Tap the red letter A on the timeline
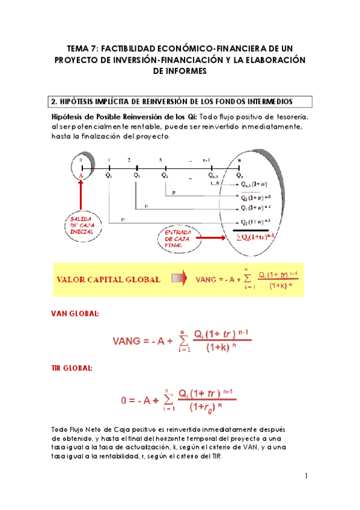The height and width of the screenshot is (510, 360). [x=80, y=175]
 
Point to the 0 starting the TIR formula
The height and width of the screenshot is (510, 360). [x=124, y=400]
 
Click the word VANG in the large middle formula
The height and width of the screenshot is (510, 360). [x=130, y=341]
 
